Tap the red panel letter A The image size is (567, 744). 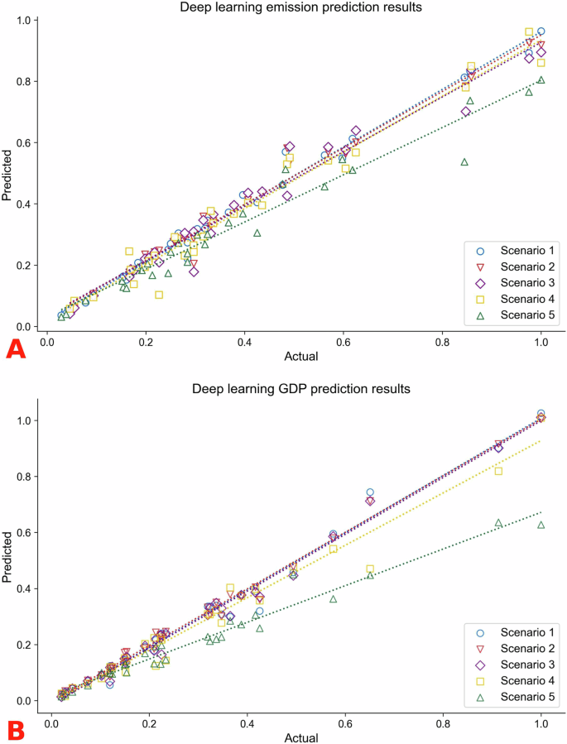(17, 349)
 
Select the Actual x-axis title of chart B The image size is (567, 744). (295, 736)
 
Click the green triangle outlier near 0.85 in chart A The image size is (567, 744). (464, 161)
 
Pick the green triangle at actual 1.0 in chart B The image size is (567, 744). (541, 525)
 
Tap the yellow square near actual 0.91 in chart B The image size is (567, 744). (498, 471)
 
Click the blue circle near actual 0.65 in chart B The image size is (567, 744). (370, 492)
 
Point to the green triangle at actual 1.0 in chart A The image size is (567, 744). (541, 79)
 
